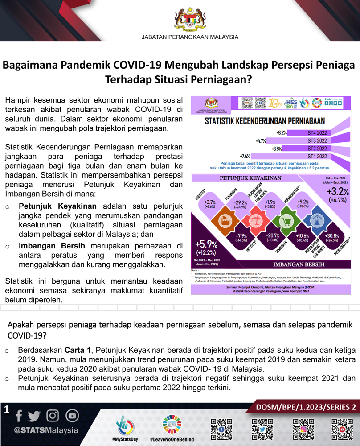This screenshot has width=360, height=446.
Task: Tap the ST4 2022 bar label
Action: click(317, 133)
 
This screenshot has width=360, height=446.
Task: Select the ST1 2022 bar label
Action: click(317, 157)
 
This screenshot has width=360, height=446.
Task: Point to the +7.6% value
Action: click(245, 157)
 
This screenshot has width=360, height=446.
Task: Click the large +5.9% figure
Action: click(206, 244)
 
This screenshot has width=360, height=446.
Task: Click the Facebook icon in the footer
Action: click(18, 416)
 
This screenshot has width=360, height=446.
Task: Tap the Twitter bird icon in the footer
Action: click(34, 416)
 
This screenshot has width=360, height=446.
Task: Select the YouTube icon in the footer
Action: click(72, 416)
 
